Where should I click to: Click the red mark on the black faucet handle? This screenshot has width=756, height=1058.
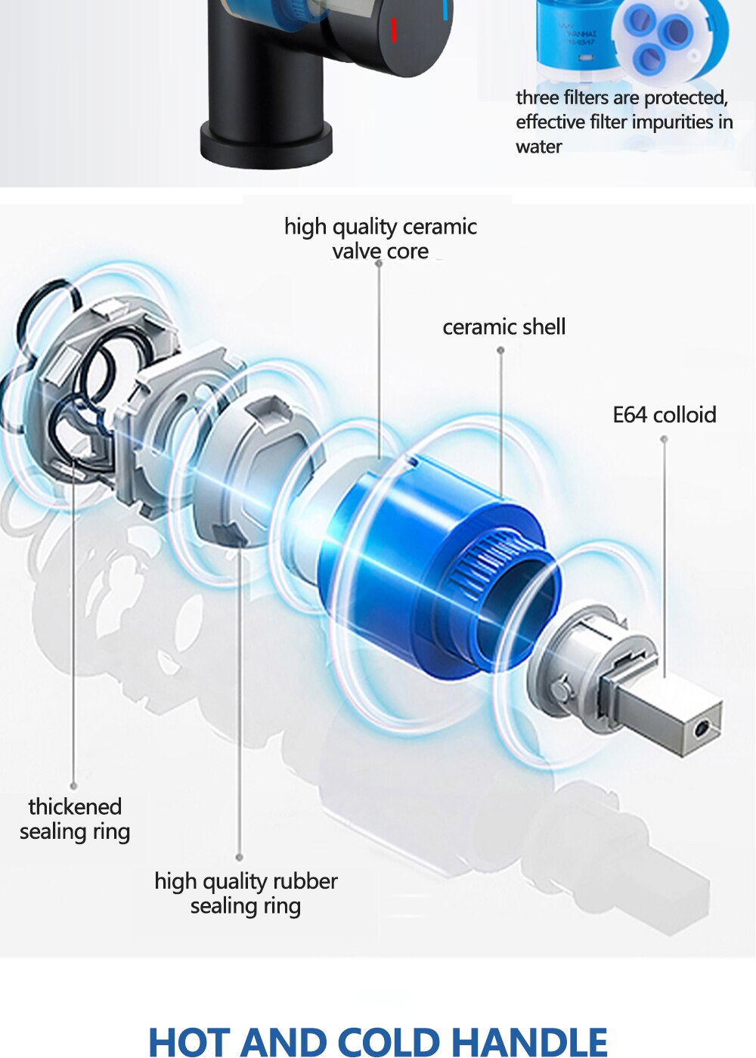[394, 29]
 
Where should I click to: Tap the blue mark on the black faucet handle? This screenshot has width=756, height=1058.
[445, 9]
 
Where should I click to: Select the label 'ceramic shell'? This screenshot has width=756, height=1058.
[503, 326]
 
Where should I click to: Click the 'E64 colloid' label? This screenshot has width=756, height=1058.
[665, 415]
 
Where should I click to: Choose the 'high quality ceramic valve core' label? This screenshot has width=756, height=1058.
[380, 239]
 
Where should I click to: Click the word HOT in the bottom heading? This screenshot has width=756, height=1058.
[192, 1041]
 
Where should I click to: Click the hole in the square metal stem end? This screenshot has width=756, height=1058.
[701, 731]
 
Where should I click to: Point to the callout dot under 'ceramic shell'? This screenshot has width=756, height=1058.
[500, 350]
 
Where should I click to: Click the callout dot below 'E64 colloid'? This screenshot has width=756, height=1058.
[664, 439]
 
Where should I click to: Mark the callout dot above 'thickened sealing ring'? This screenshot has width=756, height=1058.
[73, 786]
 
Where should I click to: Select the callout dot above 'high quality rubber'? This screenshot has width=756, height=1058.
[239, 857]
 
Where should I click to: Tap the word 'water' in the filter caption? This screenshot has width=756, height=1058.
[538, 147]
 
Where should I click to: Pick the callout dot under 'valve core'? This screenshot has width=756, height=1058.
[379, 263]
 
